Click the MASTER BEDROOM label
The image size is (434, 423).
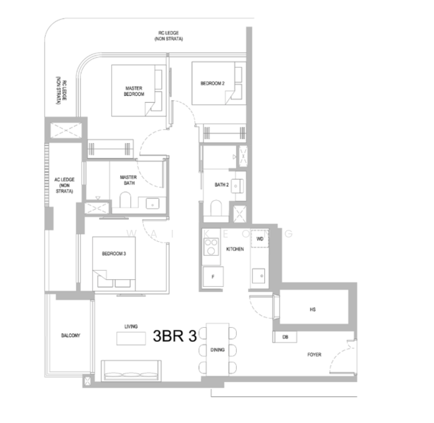pos(134,91)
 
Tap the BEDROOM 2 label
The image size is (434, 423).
pos(212,83)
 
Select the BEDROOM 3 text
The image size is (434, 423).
pos(113,254)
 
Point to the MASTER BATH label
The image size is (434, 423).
pos(128,180)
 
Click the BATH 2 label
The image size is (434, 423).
pos(222,185)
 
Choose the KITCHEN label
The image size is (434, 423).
pos(235,250)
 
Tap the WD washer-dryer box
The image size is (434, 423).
pos(259,239)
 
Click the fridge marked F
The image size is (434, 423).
pos(213,277)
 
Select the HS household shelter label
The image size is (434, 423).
pos(311,309)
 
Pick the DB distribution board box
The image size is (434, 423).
pos(285,338)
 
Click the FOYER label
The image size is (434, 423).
pos(314,355)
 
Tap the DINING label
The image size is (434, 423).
pos(218,350)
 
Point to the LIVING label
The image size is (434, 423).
pos(131,327)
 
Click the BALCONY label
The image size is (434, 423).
pos(70,336)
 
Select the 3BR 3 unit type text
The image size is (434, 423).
pos(174,337)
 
